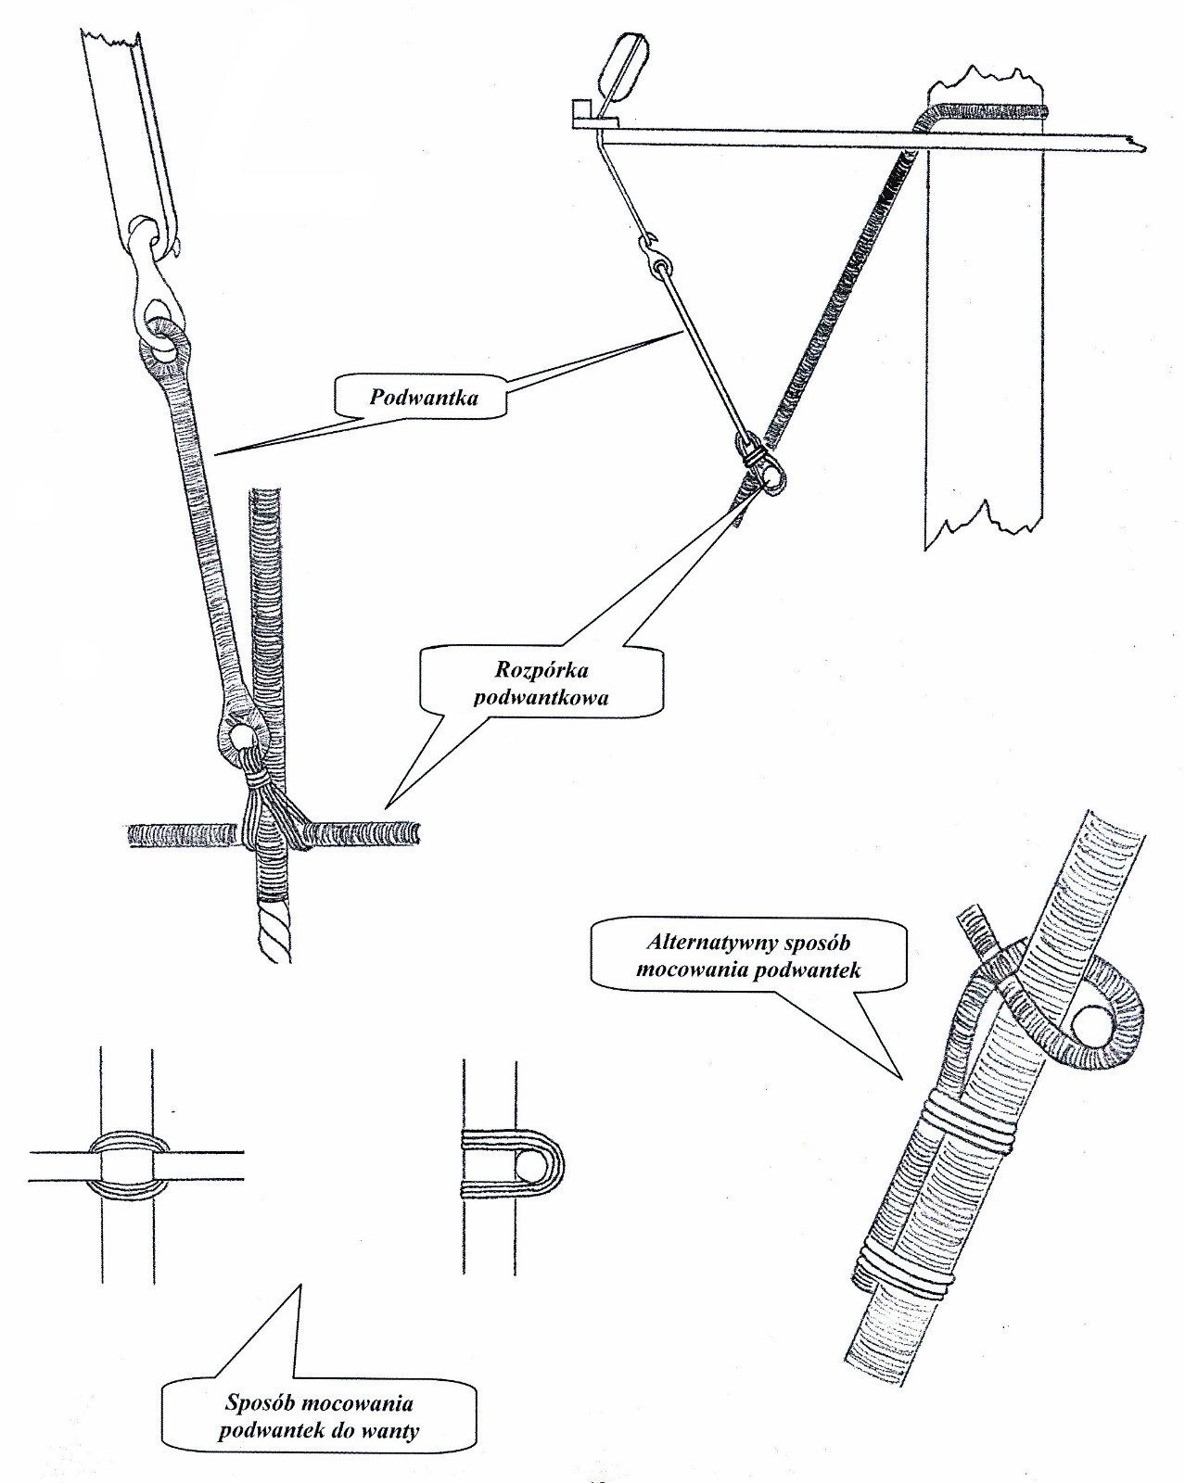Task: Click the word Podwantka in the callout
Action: point(424,399)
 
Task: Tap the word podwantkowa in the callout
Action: point(541,697)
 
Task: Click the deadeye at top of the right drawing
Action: point(620,65)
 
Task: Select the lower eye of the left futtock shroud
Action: point(242,737)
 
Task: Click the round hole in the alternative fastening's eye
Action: point(1089,1029)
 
